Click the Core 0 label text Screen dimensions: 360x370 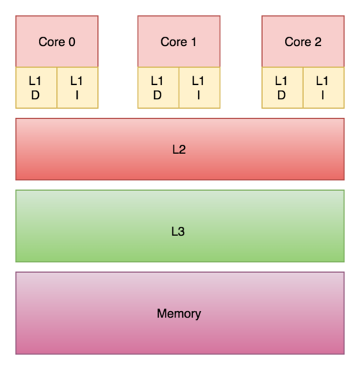57,42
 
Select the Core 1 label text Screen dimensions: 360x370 179,42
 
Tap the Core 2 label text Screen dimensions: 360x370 303,42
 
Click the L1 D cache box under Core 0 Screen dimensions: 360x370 36,88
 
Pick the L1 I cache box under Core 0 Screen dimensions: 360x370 78,88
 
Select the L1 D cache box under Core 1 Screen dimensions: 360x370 158,88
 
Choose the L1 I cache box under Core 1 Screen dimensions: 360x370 199,88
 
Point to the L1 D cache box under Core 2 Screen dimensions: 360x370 282,88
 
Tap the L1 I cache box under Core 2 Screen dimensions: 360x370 323,88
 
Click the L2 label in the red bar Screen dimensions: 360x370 179,150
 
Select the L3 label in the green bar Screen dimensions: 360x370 178,232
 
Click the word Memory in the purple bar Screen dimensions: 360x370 179,314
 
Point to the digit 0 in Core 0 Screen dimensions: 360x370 72,42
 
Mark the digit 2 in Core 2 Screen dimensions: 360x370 318,42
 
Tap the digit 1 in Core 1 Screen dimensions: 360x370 194,42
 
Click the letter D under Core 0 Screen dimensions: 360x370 35,95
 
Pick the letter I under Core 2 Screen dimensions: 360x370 323,95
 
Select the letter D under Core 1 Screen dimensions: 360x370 157,95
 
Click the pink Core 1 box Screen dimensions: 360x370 179,41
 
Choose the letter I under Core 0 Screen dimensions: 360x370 77,95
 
